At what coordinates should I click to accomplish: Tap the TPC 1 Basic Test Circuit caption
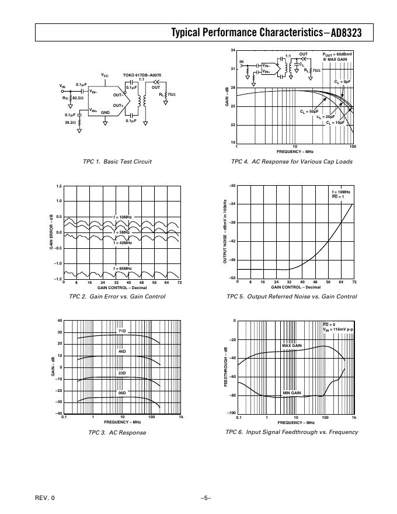click(118, 162)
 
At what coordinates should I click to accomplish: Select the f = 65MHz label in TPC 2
click(123, 268)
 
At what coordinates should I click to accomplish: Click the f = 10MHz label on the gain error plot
click(123, 217)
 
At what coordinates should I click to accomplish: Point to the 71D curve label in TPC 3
click(122, 331)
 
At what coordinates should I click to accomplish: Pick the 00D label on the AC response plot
click(122, 393)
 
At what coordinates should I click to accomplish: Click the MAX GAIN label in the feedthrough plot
click(292, 346)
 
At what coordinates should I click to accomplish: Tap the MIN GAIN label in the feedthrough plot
click(292, 393)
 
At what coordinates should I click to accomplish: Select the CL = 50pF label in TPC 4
click(309, 111)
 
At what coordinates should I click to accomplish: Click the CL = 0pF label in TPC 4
click(343, 82)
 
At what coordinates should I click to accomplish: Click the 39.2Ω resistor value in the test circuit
click(71, 123)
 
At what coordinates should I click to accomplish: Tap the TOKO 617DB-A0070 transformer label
click(142, 75)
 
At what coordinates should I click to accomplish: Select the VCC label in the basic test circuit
click(105, 75)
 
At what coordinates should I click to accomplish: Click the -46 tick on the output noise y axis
click(232, 259)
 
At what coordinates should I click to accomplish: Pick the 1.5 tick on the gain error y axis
click(58, 186)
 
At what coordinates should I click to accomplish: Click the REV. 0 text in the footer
click(44, 498)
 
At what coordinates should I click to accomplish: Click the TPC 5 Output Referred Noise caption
click(291, 297)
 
